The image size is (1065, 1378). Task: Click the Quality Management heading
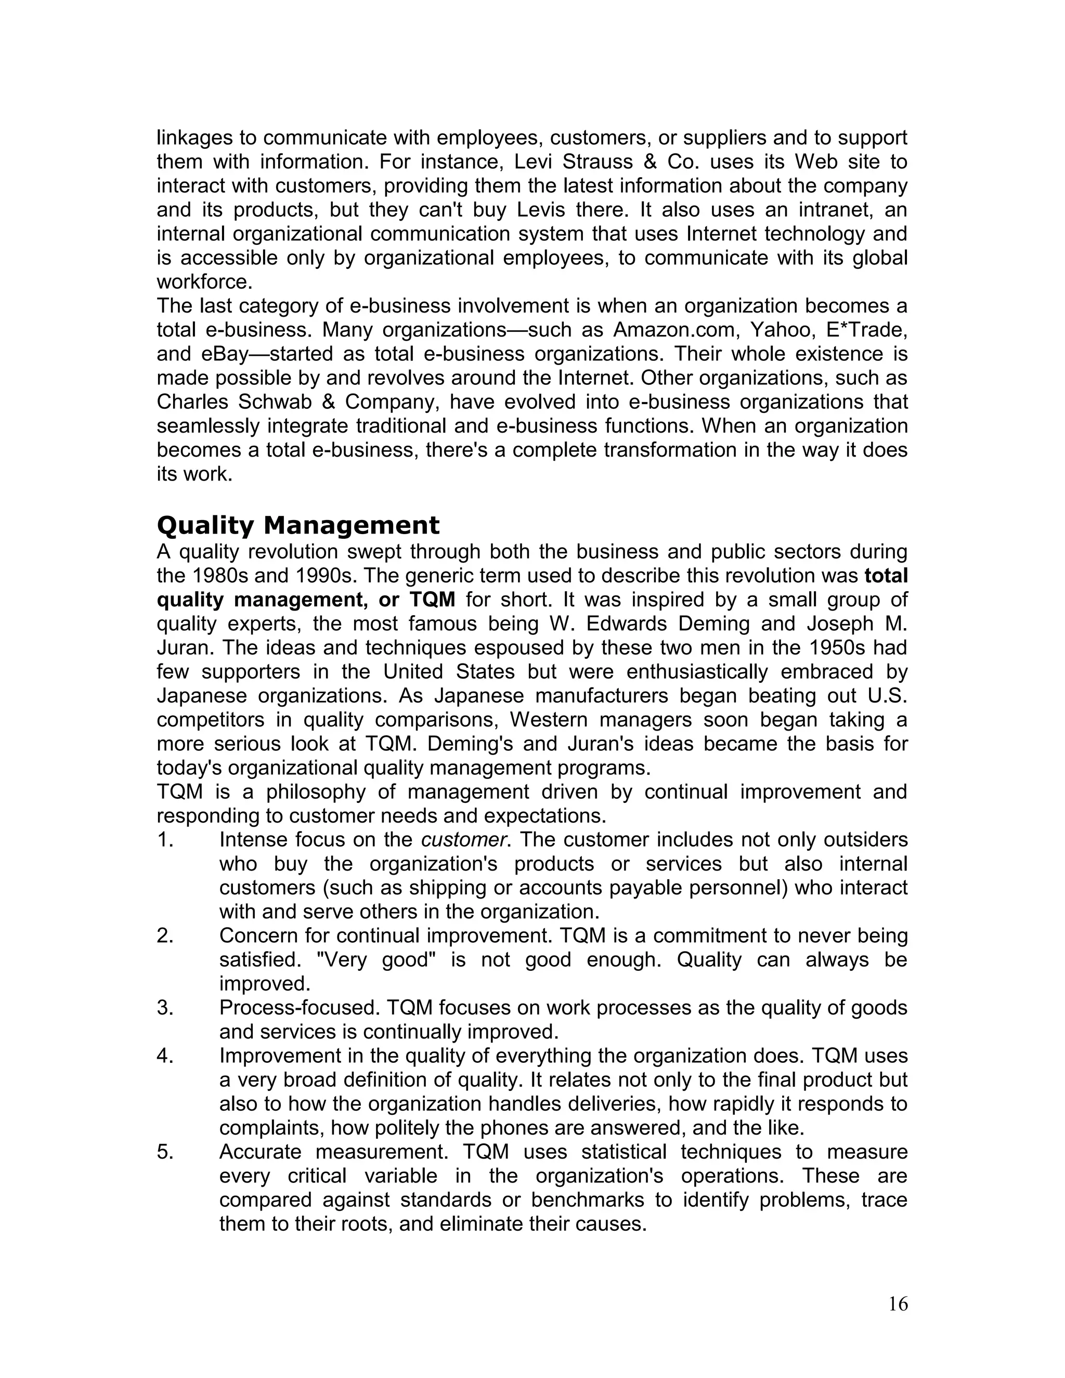[298, 526]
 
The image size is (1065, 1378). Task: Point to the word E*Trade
[870, 330]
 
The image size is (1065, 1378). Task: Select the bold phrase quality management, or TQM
[306, 600]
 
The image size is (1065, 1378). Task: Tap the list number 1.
[165, 840]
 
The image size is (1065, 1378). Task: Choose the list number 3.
[165, 1008]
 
